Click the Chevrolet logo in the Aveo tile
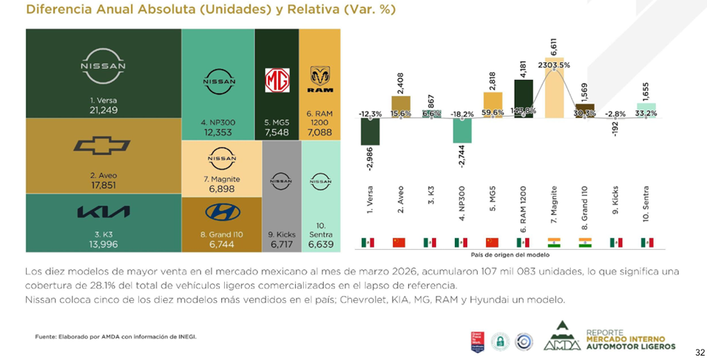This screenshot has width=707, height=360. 102,146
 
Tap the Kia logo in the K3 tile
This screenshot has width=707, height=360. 103,212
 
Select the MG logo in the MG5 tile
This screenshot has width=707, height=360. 277,79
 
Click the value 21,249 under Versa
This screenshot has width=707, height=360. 104,110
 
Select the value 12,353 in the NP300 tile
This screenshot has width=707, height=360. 218,132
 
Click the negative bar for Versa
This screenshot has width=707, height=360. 370,131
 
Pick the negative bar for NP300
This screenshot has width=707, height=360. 462,130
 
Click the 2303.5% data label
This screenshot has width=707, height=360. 554,66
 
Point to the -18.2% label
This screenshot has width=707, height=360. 462,114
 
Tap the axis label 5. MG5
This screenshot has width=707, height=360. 492,206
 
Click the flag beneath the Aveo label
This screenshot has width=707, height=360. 399,242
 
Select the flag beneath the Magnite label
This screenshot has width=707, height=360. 553,242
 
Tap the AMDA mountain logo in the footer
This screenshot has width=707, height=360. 561,336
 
